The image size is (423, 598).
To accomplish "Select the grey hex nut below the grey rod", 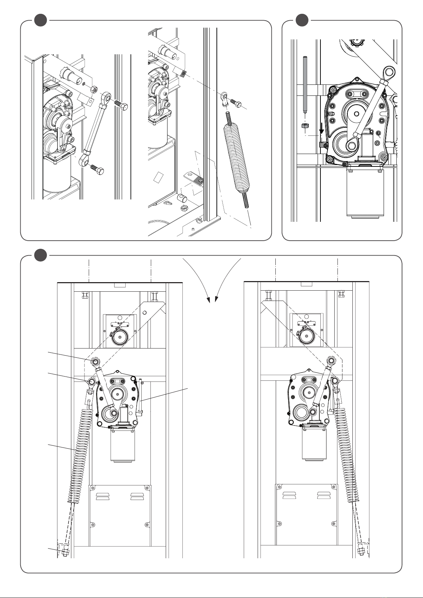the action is coord(304,126).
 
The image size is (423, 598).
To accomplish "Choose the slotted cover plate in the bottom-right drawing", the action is coord(307,515).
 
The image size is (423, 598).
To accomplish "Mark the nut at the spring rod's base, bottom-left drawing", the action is coord(64,552).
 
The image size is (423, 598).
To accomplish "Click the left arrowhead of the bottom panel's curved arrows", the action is coord(208,300).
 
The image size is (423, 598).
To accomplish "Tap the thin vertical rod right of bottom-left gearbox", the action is coord(141,397).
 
